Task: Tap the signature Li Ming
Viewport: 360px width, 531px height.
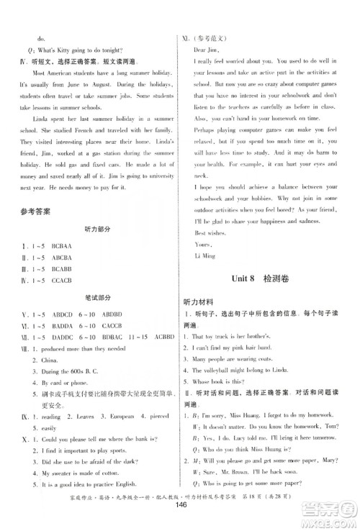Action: (204, 256)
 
